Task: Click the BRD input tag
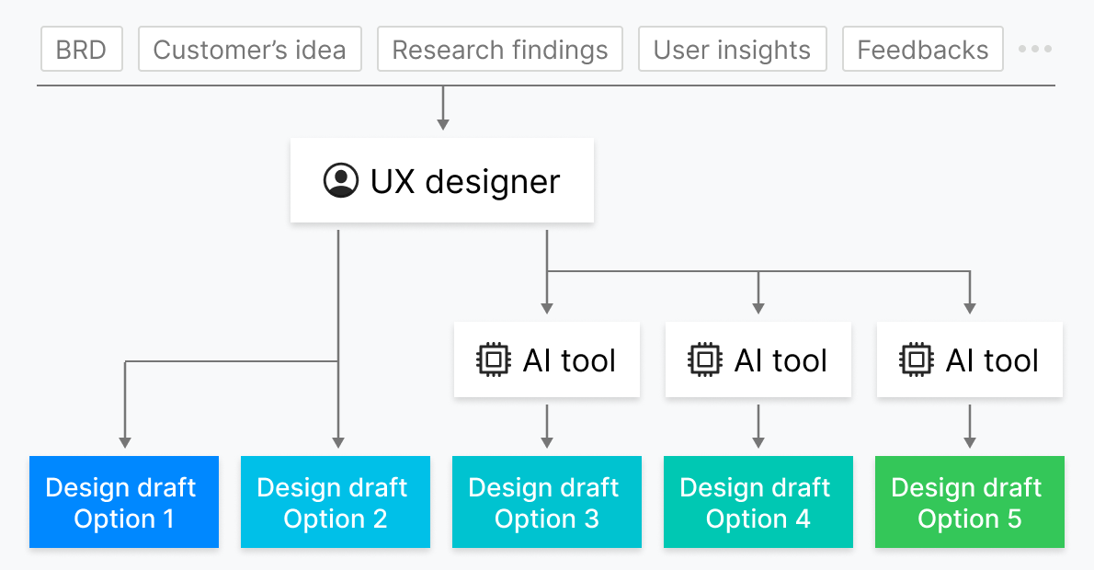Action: (82, 49)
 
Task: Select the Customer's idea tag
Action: (250, 49)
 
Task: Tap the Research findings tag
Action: (499, 49)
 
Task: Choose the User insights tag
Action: (732, 49)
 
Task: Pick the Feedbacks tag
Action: (922, 49)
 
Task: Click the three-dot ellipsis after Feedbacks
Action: (1034, 49)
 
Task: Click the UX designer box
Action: (441, 180)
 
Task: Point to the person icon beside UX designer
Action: (341, 181)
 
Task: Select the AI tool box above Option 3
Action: (547, 360)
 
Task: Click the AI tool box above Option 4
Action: (758, 360)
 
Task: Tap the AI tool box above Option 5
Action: (970, 360)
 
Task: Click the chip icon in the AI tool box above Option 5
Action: (916, 360)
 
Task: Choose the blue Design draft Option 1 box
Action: (124, 502)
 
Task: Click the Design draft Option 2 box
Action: (336, 502)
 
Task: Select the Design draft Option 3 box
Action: (547, 502)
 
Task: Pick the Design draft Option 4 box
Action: (758, 502)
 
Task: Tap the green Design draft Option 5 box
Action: (970, 502)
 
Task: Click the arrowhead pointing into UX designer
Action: (443, 125)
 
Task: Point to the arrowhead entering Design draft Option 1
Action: (125, 443)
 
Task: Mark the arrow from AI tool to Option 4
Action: (758, 427)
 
